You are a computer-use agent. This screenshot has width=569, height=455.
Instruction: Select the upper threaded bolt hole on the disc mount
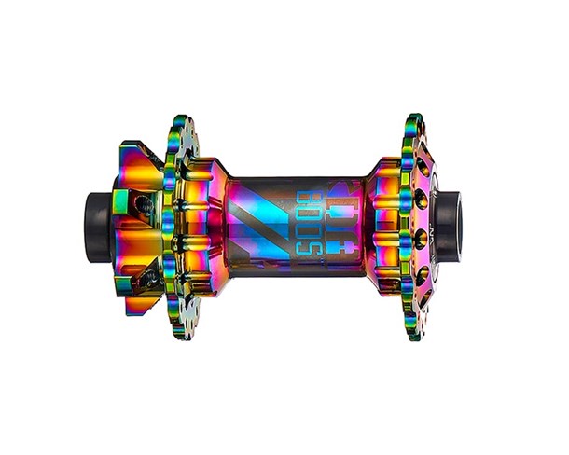point(142,203)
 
